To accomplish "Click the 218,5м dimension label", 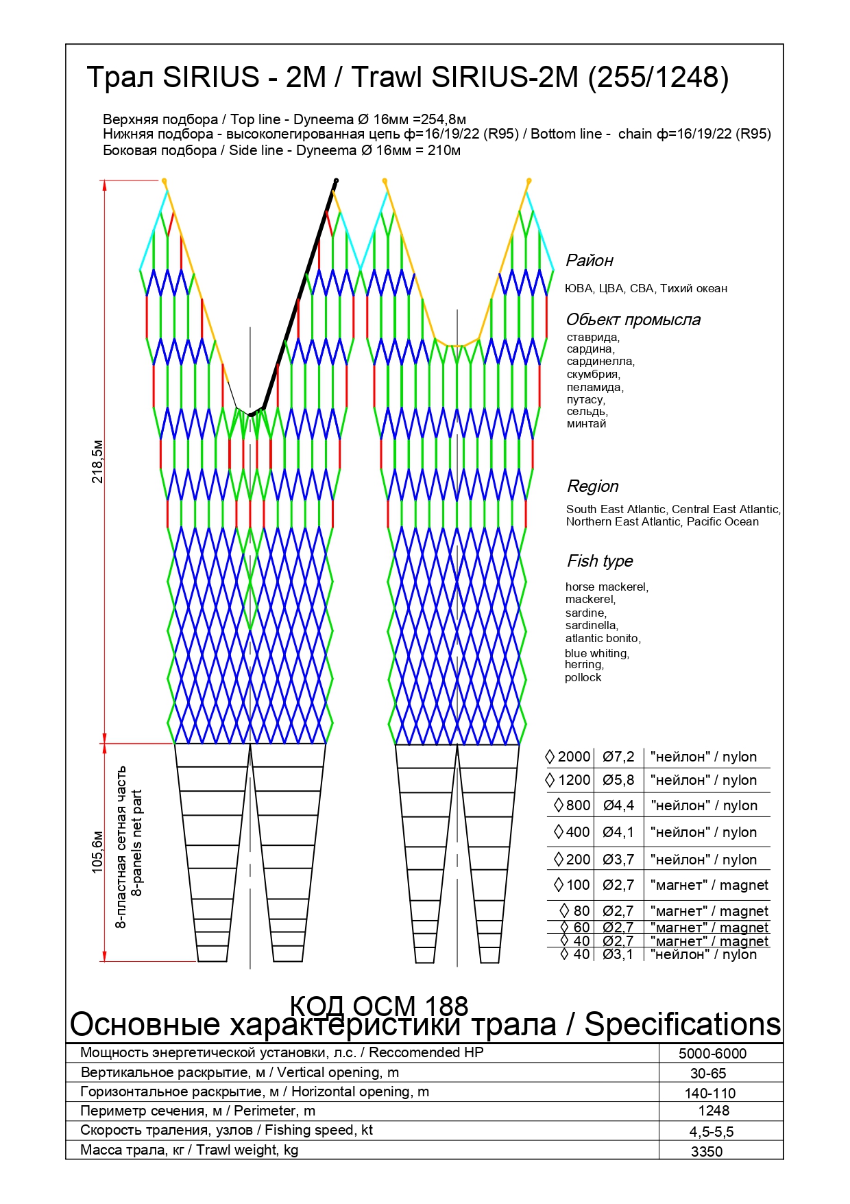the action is (x=97, y=462).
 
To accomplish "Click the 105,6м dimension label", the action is (x=97, y=852).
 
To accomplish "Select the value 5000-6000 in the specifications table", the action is (x=712, y=1054).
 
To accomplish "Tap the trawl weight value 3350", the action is (x=707, y=1152).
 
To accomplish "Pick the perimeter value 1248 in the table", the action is (x=714, y=1111).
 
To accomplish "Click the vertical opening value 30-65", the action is (x=708, y=1074).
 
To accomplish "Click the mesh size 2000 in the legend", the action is (x=574, y=757).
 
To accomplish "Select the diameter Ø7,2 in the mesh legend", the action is (x=618, y=757).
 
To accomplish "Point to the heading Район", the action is (x=590, y=261).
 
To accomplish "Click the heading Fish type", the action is (x=600, y=561).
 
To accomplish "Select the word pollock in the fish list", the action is (x=583, y=678).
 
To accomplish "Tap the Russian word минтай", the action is (x=586, y=424).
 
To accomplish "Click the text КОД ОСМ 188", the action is (x=379, y=1006).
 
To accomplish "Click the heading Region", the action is (x=593, y=486).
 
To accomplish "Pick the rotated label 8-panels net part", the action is (x=137, y=843).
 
